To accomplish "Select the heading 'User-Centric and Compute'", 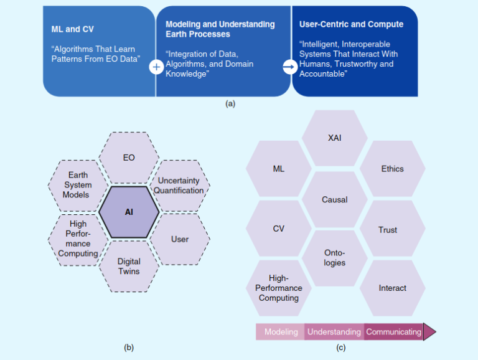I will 352,25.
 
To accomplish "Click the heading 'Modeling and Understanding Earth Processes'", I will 220,29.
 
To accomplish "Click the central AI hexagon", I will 129,212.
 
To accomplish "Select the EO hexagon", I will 129,158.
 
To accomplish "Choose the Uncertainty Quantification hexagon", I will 179,185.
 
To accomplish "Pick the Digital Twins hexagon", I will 129,266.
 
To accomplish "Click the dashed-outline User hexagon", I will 179,239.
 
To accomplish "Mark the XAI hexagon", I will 334,138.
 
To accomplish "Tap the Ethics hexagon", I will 392,169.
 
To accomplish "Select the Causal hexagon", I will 334,200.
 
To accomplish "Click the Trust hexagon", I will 388,230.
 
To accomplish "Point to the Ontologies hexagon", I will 334,258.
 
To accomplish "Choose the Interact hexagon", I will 392,288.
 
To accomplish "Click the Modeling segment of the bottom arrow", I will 281,332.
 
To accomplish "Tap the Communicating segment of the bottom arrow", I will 393,332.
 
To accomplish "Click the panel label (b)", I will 129,347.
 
